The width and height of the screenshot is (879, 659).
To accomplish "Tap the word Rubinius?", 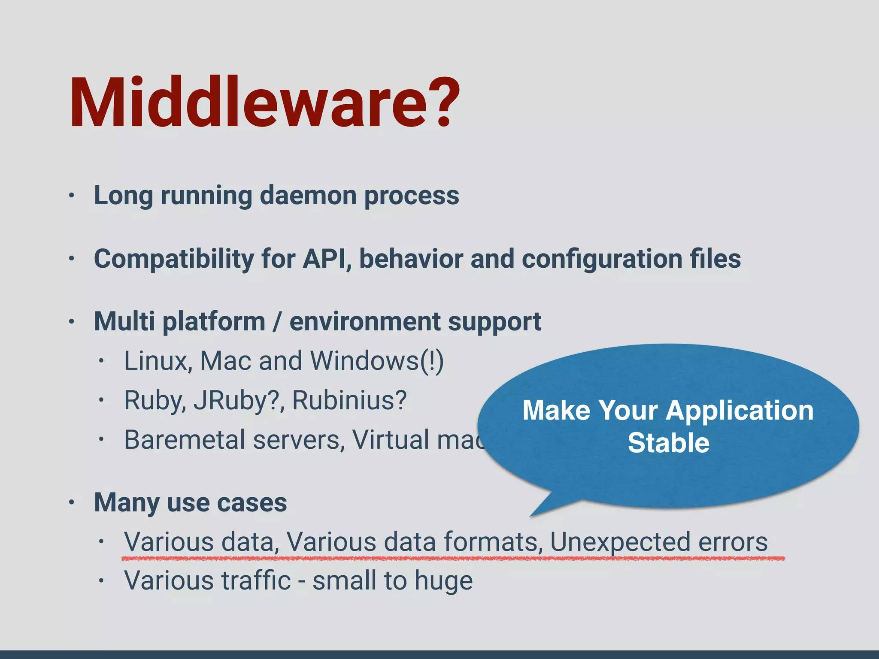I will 349,400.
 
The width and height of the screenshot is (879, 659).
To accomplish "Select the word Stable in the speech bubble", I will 668,443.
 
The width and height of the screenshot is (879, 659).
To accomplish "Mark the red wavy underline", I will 453,559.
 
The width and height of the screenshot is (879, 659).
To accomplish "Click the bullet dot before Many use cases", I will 72,502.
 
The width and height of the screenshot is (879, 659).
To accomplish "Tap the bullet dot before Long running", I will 72,196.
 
